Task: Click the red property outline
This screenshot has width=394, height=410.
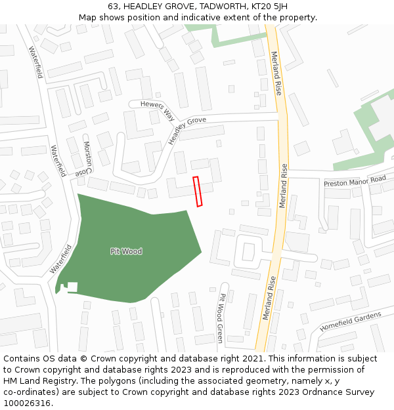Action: [197, 192]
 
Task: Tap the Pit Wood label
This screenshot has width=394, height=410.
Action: [126, 251]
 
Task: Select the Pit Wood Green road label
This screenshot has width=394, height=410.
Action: [221, 318]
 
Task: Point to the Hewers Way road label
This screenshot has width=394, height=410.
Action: [152, 109]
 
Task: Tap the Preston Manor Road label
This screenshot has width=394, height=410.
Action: [355, 181]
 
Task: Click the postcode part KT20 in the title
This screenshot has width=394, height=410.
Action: [242, 6]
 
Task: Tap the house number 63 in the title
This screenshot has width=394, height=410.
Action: [112, 6]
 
